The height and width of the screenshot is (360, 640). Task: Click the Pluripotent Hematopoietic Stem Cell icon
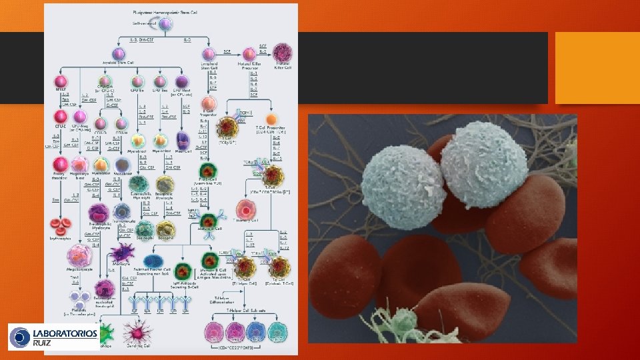[x=165, y=24]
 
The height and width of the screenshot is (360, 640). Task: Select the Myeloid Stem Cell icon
[x=119, y=54]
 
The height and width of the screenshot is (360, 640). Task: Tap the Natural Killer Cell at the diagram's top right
[x=282, y=53]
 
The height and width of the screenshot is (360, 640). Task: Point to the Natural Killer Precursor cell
[x=249, y=53]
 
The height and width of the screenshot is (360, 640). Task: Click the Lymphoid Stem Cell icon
[x=209, y=54]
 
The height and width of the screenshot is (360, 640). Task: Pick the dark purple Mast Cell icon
[x=183, y=140]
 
